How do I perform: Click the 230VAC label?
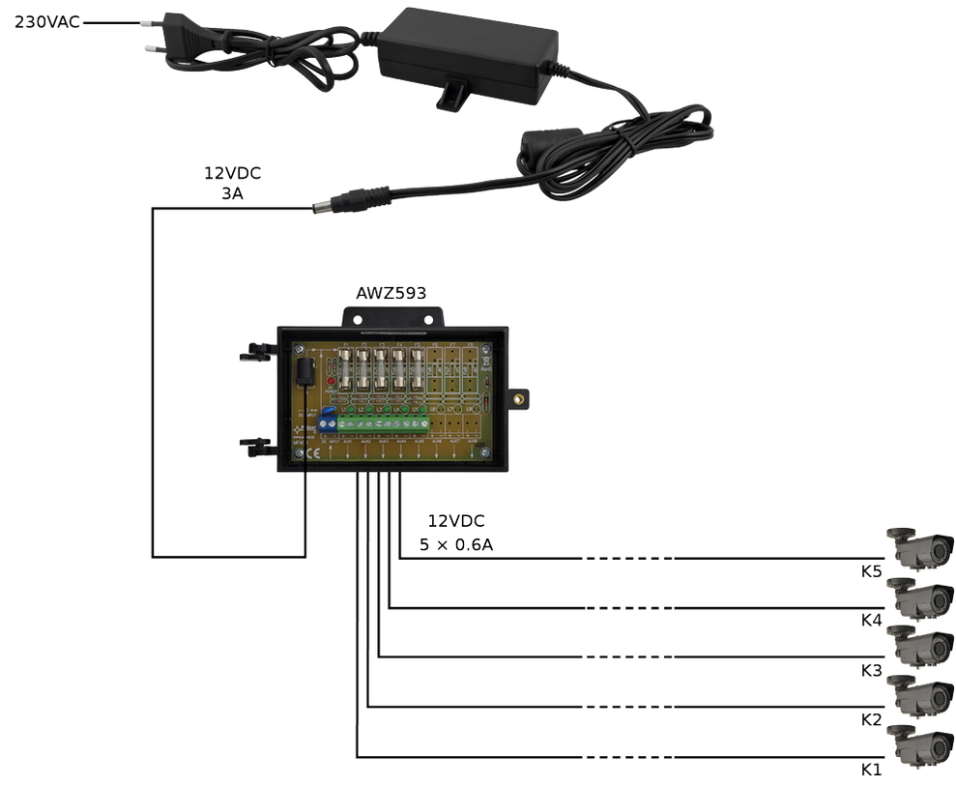46,21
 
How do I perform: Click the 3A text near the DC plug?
232,193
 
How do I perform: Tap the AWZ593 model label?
391,292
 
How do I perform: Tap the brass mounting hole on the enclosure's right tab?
520,397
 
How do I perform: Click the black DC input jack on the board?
304,371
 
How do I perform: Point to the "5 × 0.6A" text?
456,545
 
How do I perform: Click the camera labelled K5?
920,547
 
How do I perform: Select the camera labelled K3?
920,646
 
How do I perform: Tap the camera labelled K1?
920,744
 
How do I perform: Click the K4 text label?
871,621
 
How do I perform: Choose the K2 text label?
871,719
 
